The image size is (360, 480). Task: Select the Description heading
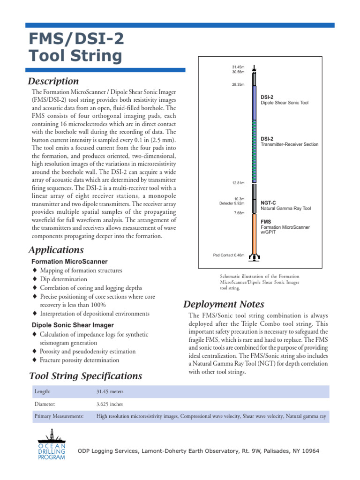54,82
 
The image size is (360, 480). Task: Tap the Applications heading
56,250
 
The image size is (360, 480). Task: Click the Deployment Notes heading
224,304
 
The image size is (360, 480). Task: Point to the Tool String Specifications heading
85,376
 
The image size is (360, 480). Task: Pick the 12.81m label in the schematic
240,183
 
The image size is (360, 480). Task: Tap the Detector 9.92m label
232,203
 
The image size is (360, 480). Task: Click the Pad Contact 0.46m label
229,255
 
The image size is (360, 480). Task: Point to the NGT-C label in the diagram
269,203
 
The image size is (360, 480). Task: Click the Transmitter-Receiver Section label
289,144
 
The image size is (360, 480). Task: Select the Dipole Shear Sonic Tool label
285,102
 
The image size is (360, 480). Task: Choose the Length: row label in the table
42,391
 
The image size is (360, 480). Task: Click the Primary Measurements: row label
59,416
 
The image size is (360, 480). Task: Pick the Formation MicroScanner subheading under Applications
69,262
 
